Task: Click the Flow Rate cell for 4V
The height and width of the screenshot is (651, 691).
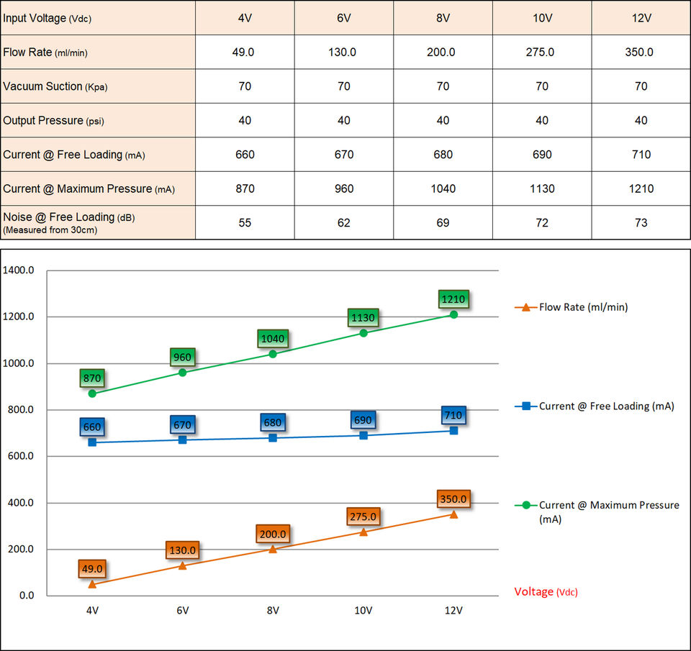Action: click(x=245, y=52)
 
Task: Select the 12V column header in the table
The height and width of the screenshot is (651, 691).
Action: click(x=641, y=17)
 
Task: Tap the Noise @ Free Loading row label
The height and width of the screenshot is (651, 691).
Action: click(x=59, y=222)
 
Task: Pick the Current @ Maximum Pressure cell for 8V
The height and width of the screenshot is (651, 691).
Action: click(x=443, y=188)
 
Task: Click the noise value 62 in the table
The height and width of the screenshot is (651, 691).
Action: click(x=344, y=223)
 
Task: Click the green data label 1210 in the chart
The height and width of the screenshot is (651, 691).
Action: click(x=453, y=299)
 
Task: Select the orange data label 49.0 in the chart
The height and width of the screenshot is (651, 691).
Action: click(x=92, y=569)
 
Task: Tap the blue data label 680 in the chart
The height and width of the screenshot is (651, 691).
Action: click(x=273, y=423)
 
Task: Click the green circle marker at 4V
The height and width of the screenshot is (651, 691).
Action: click(x=92, y=393)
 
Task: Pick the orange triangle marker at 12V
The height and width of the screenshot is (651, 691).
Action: click(x=453, y=514)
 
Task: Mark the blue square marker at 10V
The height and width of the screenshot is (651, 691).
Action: click(x=363, y=435)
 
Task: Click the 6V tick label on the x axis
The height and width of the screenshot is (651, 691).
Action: click(x=182, y=611)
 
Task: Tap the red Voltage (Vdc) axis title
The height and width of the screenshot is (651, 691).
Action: click(x=546, y=592)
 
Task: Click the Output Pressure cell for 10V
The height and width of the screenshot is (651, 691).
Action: click(x=542, y=120)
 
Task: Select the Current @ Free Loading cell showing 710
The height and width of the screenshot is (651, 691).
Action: click(x=641, y=155)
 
